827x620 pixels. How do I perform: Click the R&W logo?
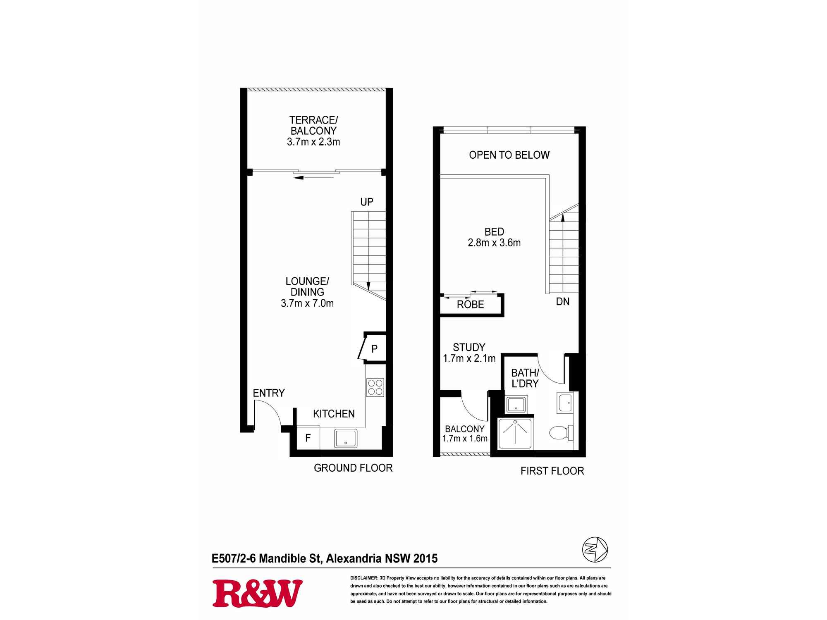(x=257, y=593)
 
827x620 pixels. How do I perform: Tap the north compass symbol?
(x=595, y=549)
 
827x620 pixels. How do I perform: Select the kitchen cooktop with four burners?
(x=375, y=387)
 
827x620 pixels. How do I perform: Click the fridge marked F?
(x=308, y=438)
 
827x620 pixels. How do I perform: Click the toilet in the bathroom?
(x=561, y=433)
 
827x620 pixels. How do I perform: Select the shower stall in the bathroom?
(x=516, y=434)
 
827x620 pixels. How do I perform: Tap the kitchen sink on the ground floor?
(x=346, y=438)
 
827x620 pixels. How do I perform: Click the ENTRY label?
(x=269, y=393)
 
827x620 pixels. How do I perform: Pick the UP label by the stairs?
(x=367, y=202)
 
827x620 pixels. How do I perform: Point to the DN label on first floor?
(x=563, y=302)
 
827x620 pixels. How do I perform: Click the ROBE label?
(x=471, y=305)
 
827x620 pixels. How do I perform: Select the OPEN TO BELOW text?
(x=509, y=155)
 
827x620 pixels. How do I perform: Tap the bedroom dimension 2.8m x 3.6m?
(x=494, y=243)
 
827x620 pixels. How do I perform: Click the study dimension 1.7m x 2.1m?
(x=469, y=358)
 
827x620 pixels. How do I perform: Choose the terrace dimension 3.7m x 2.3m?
(x=313, y=142)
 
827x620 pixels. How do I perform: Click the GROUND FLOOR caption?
(x=353, y=468)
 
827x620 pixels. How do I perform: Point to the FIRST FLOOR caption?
(x=552, y=471)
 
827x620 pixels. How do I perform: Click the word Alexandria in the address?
(x=354, y=558)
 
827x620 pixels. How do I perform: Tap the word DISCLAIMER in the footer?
(x=363, y=578)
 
